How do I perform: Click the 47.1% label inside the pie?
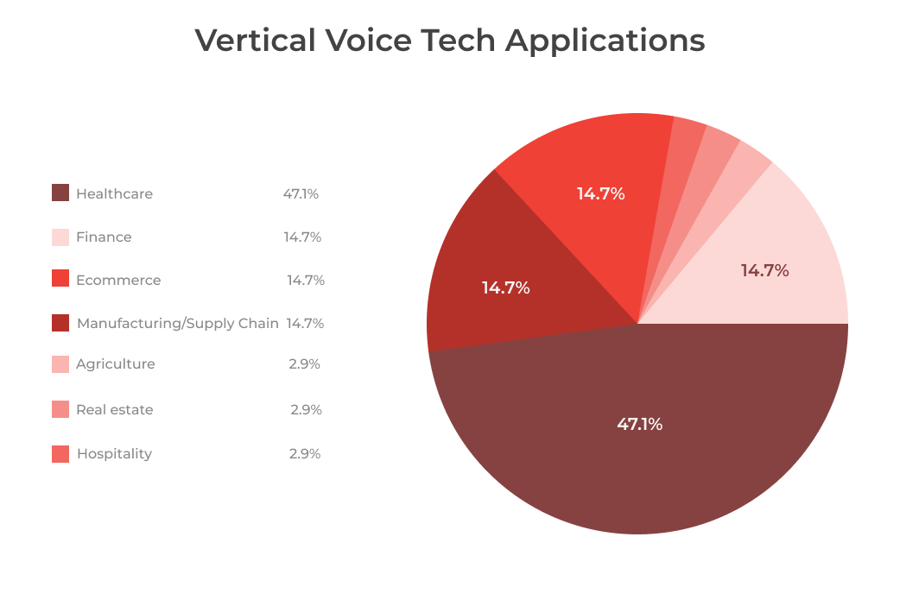[x=639, y=424]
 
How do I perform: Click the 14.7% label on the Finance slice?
[x=764, y=270]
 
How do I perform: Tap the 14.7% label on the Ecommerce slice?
[x=600, y=193]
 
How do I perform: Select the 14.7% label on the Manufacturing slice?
[x=505, y=287]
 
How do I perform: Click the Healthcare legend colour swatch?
[x=60, y=193]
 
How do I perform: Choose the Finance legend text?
[x=104, y=237]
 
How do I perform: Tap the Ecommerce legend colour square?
[x=60, y=278]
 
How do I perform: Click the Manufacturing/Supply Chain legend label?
[x=177, y=323]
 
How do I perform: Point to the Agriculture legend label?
[x=115, y=363]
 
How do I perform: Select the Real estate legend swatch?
[x=60, y=409]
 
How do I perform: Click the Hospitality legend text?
[x=114, y=453]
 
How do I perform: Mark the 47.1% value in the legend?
[x=301, y=193]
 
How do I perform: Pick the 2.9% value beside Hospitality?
[x=305, y=453]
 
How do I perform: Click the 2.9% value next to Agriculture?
[x=305, y=363]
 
